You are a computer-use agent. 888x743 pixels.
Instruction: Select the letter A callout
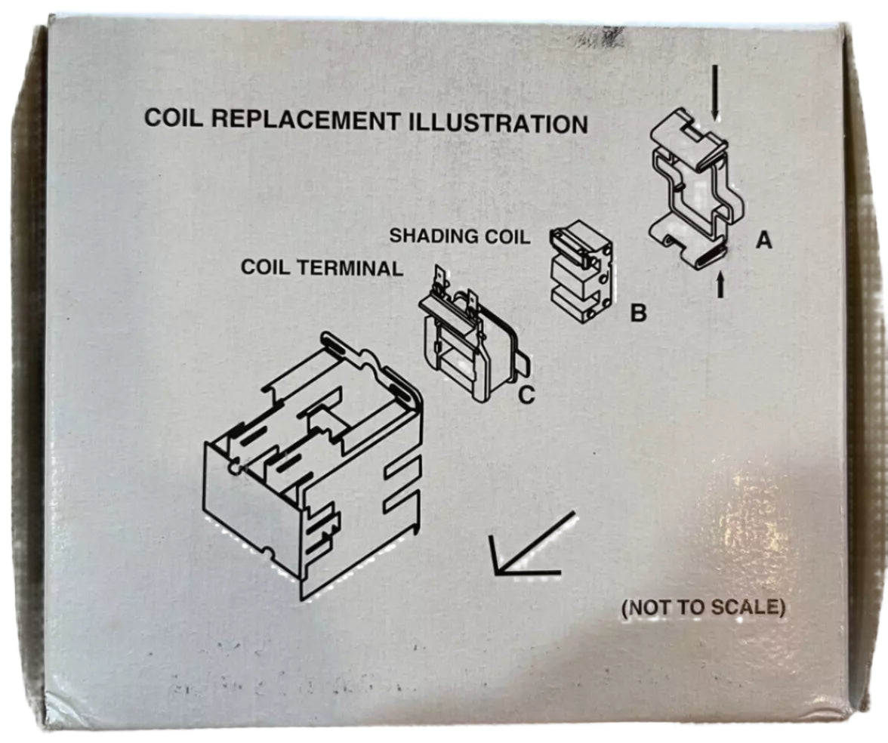tap(764, 240)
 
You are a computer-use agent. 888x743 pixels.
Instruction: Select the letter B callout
tap(639, 312)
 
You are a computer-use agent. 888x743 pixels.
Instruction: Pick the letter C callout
tap(526, 393)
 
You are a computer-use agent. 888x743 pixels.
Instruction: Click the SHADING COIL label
tap(460, 236)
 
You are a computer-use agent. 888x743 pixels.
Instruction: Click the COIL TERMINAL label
tap(322, 268)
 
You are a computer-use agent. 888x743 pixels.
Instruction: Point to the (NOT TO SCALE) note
tap(701, 607)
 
